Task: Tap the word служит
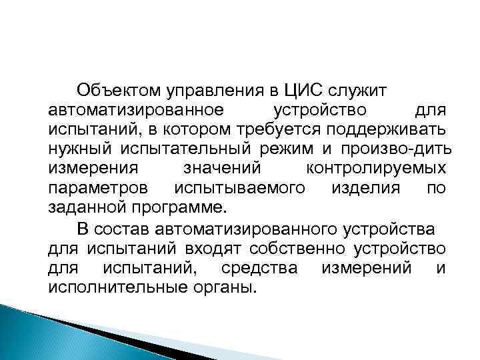pos(365,89)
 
